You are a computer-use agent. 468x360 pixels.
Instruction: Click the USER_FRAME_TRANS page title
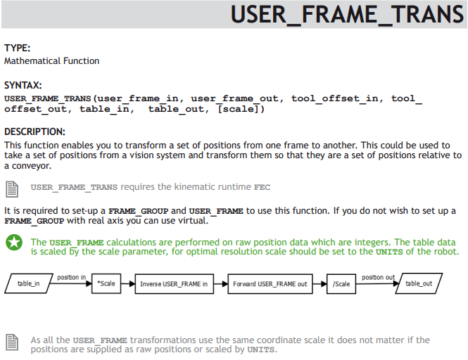[x=347, y=14]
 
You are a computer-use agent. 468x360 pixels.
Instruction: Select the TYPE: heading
[x=18, y=48]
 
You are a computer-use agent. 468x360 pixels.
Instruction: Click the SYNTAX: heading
[x=23, y=85]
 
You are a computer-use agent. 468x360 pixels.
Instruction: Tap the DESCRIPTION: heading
[x=34, y=131]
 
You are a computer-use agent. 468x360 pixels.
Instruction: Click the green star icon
[x=14, y=242]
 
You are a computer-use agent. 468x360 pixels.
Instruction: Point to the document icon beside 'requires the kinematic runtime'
[x=12, y=189]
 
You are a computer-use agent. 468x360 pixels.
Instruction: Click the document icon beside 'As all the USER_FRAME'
[x=12, y=342]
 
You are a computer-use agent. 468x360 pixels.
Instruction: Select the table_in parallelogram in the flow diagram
[x=29, y=283]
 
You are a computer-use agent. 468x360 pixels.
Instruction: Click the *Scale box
[x=106, y=283]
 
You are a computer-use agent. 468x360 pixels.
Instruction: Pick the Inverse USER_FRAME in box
[x=175, y=284]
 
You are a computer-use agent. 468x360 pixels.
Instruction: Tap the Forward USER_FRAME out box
[x=270, y=284]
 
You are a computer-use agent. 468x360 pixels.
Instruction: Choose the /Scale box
[x=341, y=284]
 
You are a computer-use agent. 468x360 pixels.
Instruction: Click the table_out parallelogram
[x=419, y=283]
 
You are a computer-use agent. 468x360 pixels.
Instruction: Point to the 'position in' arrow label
[x=72, y=277]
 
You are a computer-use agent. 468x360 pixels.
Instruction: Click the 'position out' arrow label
[x=379, y=277]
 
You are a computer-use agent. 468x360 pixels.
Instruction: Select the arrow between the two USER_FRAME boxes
[x=221, y=284]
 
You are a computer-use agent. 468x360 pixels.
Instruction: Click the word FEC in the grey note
[x=262, y=187]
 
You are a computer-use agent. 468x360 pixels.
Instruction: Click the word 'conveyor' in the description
[x=32, y=166]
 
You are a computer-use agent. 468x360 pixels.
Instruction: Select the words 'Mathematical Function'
[x=51, y=61]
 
